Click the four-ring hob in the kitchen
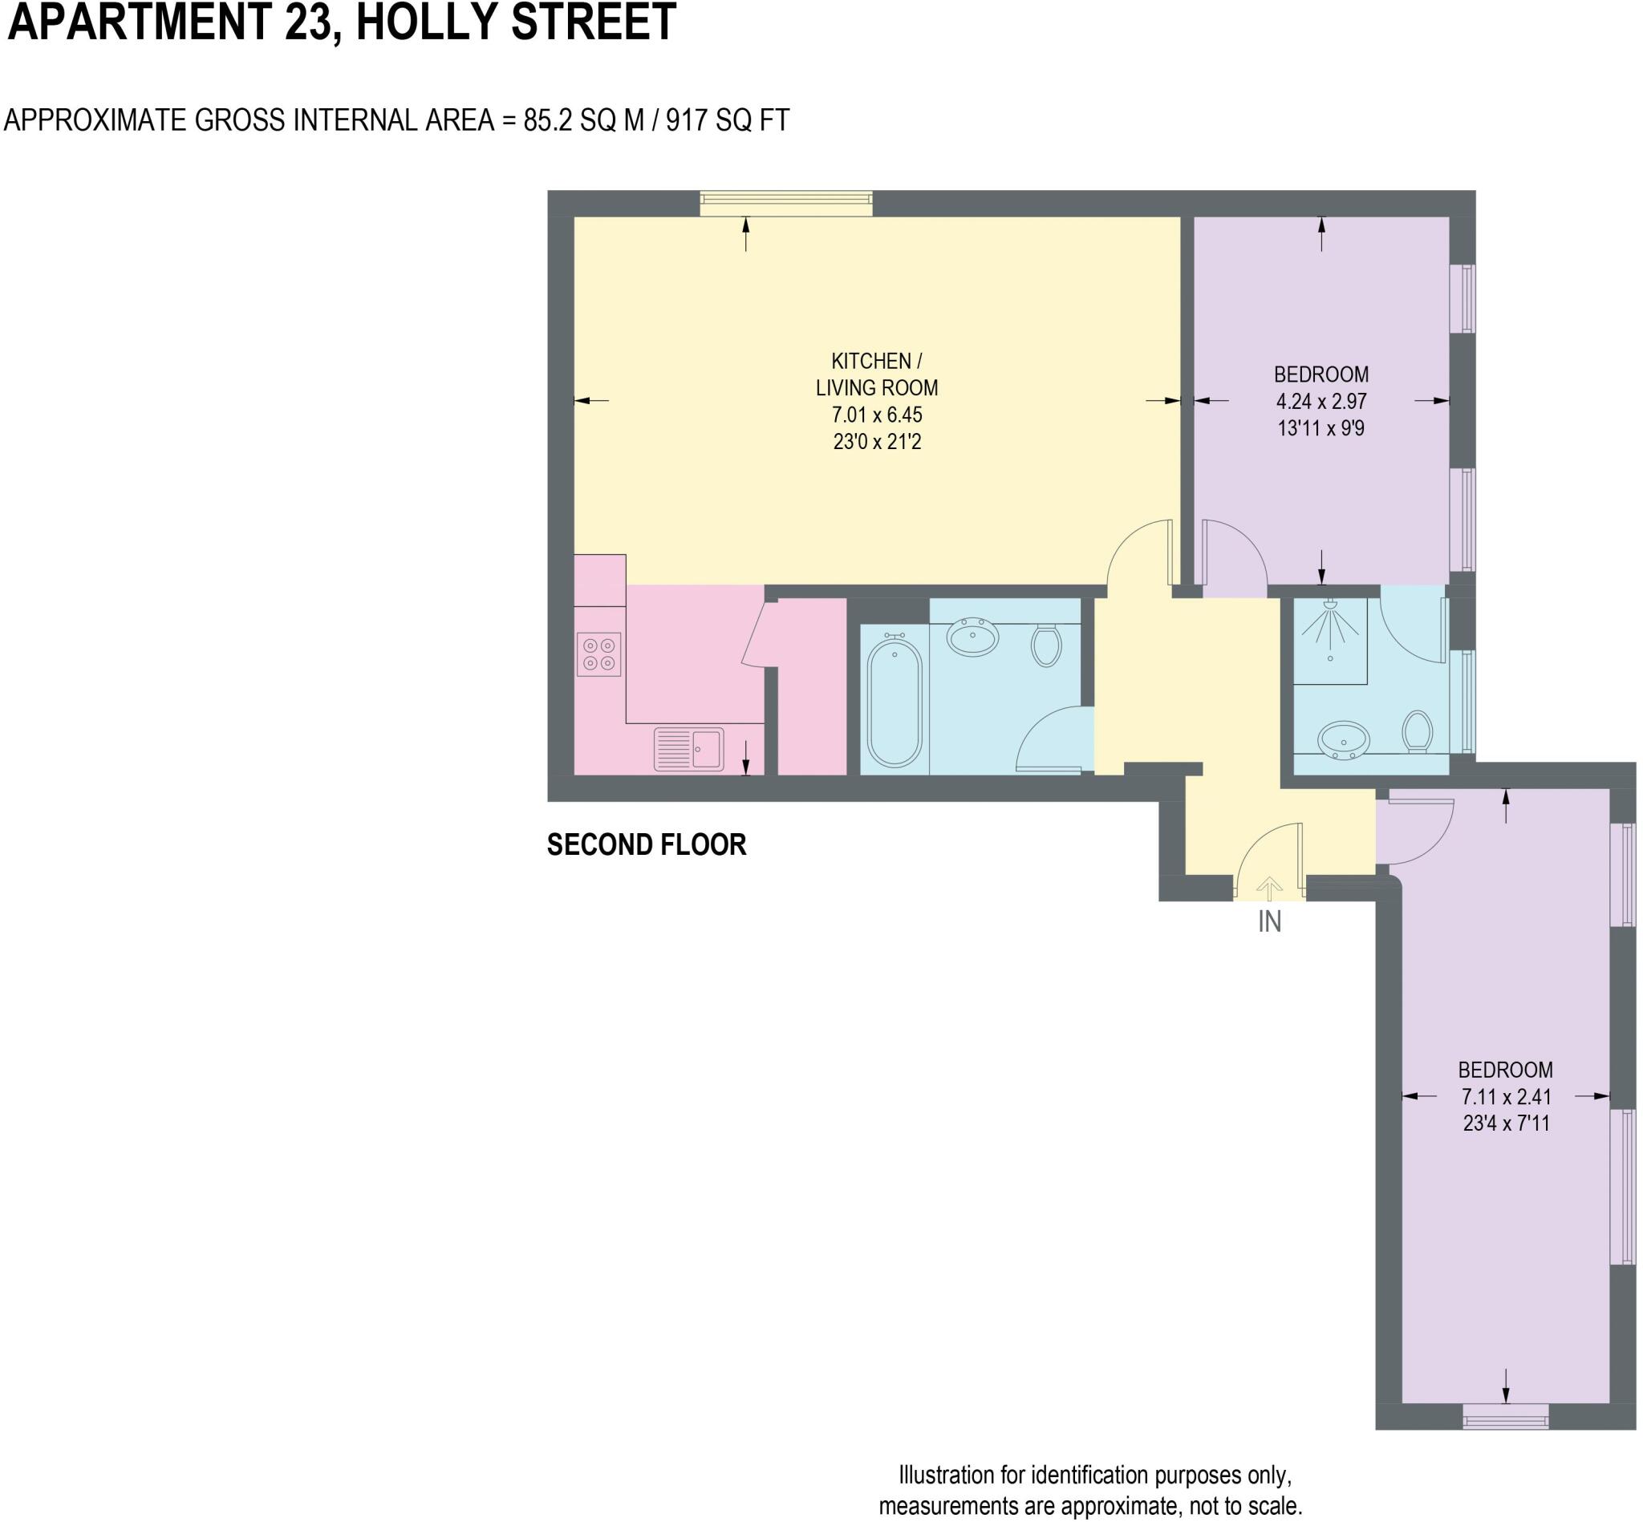click(598, 654)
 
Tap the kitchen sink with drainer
click(688, 749)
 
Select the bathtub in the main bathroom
click(894, 702)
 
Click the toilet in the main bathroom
click(1045, 645)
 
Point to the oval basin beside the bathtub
click(972, 636)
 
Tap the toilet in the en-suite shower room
click(1418, 731)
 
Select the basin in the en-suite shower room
click(1343, 739)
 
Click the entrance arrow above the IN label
click(1269, 888)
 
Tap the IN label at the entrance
click(1269, 921)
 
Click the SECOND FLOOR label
click(646, 845)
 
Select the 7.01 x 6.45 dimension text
click(876, 415)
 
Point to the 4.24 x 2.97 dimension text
click(1320, 401)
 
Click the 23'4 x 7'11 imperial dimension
click(1505, 1123)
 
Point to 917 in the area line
click(687, 120)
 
